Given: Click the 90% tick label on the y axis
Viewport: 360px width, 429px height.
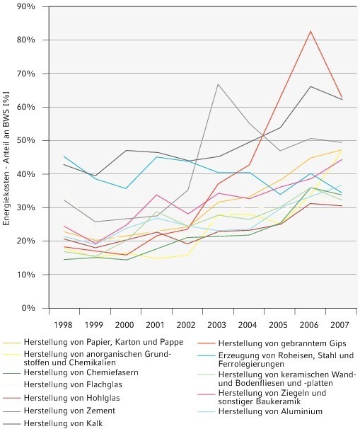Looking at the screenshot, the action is coord(26,6).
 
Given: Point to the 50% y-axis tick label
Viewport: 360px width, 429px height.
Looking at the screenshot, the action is coord(26,141).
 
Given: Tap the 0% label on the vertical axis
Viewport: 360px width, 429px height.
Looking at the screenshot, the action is coord(28,309).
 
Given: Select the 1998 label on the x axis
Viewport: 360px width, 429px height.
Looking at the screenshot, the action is coord(64,325).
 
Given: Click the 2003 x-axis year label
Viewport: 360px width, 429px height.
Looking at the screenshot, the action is coord(216,325).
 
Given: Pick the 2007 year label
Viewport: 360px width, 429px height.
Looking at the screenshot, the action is coord(339,325).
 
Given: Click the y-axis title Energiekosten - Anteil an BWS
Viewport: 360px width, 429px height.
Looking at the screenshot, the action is coord(6,159).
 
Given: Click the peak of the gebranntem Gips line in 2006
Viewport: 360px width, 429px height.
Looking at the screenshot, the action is coord(310,31).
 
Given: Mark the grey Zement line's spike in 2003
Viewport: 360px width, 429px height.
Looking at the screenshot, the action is coord(218,84).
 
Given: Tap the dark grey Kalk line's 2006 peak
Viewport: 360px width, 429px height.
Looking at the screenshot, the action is coord(310,86).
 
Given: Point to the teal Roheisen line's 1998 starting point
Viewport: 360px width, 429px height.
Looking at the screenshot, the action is coord(64,156).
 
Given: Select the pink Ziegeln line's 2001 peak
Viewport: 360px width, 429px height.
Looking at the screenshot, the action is coord(156,195).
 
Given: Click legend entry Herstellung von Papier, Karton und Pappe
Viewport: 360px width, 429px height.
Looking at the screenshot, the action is coord(103,342).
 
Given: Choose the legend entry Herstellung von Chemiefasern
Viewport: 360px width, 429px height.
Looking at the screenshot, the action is coord(81,372).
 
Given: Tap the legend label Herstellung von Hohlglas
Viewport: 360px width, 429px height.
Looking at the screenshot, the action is coord(72,398).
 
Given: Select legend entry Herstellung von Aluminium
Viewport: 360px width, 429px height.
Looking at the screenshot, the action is coord(270,411).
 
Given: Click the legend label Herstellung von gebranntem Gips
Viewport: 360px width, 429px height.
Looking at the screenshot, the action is coord(282,343).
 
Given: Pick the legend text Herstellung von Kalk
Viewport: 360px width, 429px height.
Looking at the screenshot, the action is coord(64,423).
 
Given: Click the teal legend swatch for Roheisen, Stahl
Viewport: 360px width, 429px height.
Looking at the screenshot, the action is coord(207,356).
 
